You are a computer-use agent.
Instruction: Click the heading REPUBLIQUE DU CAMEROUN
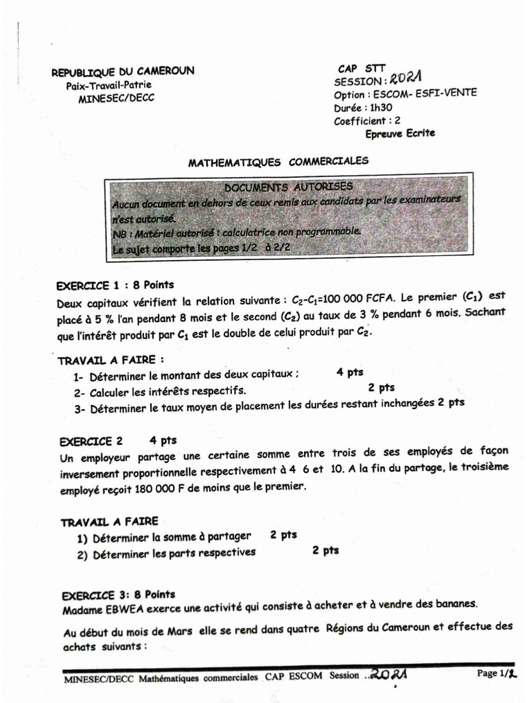[x=124, y=71]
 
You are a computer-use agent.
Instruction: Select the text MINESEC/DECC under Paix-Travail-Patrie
[x=117, y=98]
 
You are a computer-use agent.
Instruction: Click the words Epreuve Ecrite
[x=400, y=133]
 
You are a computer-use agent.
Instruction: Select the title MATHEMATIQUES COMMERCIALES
[x=278, y=162]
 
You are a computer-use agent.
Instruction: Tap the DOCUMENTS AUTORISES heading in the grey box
[x=288, y=187]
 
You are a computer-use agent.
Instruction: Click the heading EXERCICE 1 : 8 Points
[x=115, y=285]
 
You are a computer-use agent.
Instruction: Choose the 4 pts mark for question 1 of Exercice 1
[x=349, y=373]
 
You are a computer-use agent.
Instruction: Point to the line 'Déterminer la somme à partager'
[x=172, y=537]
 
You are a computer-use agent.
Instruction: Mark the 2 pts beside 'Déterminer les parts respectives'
[x=325, y=551]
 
